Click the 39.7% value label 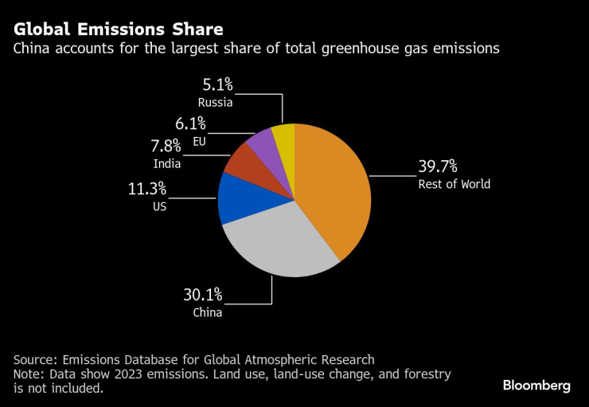pyautogui.click(x=438, y=166)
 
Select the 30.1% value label pyautogui.click(x=203, y=295)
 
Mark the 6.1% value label pyautogui.click(x=190, y=123)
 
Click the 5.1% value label pyautogui.click(x=216, y=84)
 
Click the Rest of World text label pyautogui.click(x=454, y=184)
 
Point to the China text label pyautogui.click(x=207, y=312)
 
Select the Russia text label pyautogui.click(x=215, y=102)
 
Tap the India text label pyautogui.click(x=167, y=164)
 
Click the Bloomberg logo pyautogui.click(x=536, y=385)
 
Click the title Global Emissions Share pyautogui.click(x=118, y=29)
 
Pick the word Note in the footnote pyautogui.click(x=29, y=374)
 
